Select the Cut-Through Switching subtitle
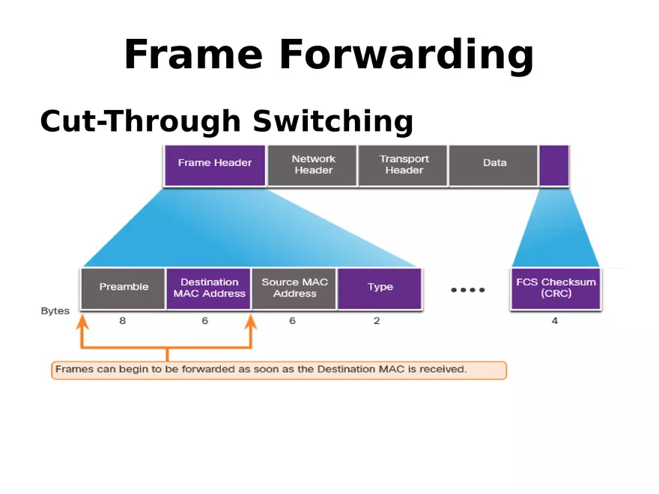click(226, 121)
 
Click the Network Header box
click(313, 165)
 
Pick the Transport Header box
click(404, 165)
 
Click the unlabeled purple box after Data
click(553, 165)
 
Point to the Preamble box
click(124, 288)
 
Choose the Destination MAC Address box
click(209, 288)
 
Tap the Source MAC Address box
click(294, 288)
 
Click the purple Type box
click(380, 288)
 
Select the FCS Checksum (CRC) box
click(556, 288)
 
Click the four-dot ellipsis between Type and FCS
click(467, 290)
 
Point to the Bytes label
click(55, 311)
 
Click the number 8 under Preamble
click(122, 321)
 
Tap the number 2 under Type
click(377, 321)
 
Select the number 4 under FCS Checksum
click(554, 321)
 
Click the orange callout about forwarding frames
click(279, 370)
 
